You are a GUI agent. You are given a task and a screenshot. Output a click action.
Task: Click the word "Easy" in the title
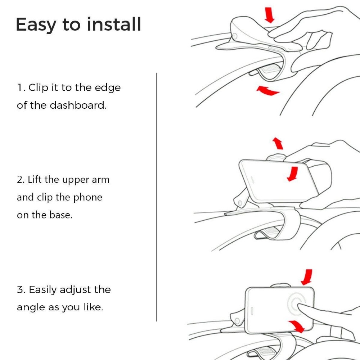point(36,25)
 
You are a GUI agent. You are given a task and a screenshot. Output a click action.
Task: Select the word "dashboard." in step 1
point(78,105)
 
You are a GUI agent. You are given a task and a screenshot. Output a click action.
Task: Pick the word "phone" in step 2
point(88,198)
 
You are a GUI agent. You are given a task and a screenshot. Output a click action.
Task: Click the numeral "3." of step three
point(21,290)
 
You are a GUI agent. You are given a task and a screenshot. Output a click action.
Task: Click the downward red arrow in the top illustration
point(269,15)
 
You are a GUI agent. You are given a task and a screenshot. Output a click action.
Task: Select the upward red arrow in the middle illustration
point(278,143)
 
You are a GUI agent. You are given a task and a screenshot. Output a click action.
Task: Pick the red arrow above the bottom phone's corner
point(307,277)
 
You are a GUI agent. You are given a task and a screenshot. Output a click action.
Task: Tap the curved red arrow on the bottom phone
point(297,326)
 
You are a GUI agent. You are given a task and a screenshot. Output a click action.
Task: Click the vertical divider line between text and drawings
point(157,197)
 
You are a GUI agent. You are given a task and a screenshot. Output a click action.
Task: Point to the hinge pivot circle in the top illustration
point(234,36)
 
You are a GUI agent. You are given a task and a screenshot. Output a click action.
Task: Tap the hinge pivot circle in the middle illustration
point(240,203)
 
